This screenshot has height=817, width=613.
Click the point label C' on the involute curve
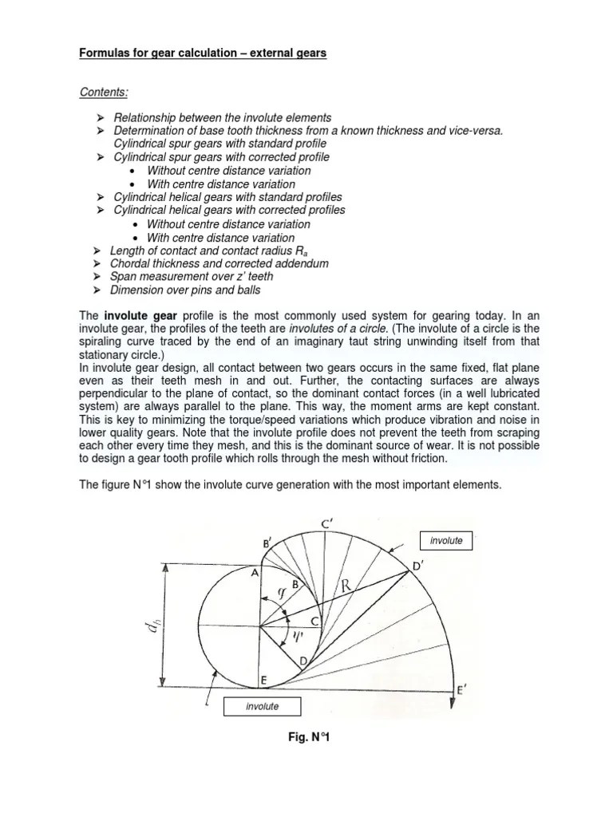point(326,524)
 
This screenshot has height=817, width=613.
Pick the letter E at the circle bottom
point(264,680)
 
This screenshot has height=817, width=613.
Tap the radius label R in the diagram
point(346,586)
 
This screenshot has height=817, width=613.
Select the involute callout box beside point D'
point(445,541)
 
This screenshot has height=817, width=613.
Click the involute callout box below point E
point(262,706)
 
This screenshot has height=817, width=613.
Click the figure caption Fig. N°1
point(309,738)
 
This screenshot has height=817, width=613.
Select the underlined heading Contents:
point(105,92)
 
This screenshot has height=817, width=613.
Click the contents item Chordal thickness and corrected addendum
point(219,263)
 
